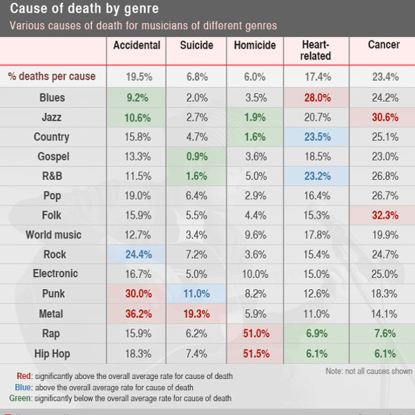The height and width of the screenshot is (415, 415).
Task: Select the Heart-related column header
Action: click(316, 50)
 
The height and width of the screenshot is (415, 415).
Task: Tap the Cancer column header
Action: click(384, 46)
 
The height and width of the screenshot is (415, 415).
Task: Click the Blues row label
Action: click(53, 98)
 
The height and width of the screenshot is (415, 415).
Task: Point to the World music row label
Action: click(53, 235)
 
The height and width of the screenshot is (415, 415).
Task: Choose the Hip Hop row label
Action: click(53, 353)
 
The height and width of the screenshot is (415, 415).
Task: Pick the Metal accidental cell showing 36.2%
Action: click(138, 314)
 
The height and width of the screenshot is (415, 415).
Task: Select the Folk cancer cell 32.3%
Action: click(384, 216)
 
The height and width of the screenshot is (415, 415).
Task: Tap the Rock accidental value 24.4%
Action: click(138, 255)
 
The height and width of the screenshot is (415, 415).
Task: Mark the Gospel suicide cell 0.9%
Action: click(196, 157)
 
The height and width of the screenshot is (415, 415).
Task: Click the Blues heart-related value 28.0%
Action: click(316, 98)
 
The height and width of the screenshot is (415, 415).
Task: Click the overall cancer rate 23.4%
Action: click(384, 77)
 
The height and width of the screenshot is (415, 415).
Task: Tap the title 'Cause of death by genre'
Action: click(84, 10)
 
